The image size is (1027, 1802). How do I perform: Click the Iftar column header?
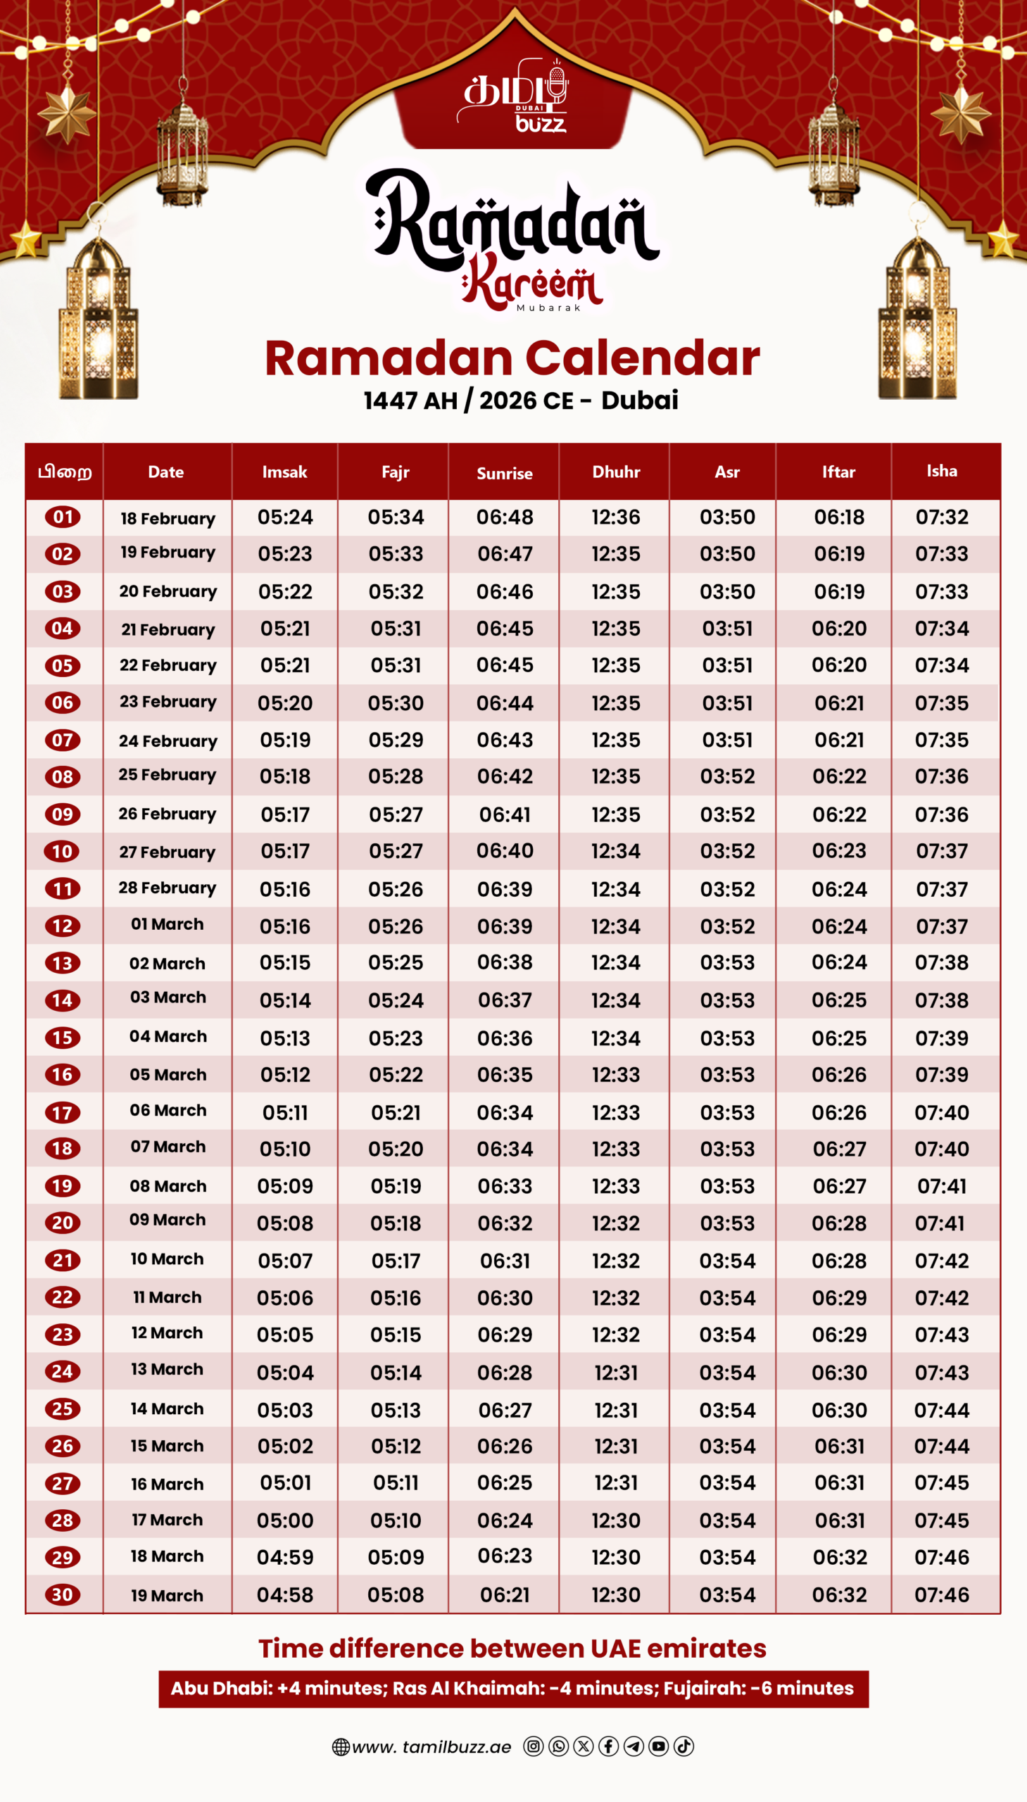coord(838,472)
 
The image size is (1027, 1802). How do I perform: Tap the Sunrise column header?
coord(504,473)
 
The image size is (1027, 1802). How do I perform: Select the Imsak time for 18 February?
coord(285,517)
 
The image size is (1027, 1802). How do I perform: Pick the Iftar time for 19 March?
coord(839,1594)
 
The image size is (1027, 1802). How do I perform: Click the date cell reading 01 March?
coord(167,924)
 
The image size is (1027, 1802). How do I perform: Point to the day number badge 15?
coord(62,1038)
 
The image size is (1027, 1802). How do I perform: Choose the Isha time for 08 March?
coord(942,1186)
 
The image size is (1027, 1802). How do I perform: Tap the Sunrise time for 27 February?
coord(504,850)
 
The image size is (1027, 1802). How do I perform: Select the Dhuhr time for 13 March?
coord(616,1373)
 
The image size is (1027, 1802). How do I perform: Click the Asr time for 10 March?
coord(727,1261)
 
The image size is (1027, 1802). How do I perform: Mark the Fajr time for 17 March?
coord(396,1520)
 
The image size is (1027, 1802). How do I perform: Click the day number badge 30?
coord(62,1594)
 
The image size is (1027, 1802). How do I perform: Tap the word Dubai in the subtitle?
coord(639,400)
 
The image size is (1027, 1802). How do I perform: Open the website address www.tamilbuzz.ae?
coord(431,1747)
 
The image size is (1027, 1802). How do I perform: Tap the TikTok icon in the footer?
coord(683,1746)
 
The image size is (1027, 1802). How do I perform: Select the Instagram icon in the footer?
coord(534,1746)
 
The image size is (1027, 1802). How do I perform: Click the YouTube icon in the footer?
coord(658,1746)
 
